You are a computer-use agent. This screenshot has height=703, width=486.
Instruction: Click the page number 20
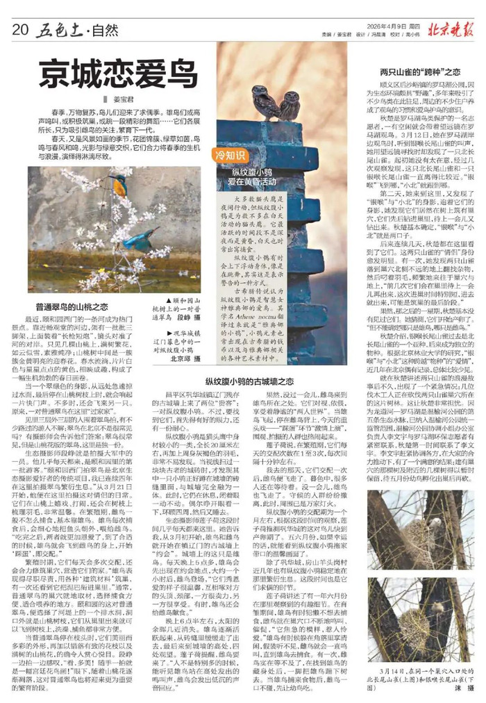tap(19, 29)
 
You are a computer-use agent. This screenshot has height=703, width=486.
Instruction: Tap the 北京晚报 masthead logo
tap(451, 29)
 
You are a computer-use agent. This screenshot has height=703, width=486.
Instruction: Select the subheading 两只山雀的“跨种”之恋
tap(421, 71)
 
